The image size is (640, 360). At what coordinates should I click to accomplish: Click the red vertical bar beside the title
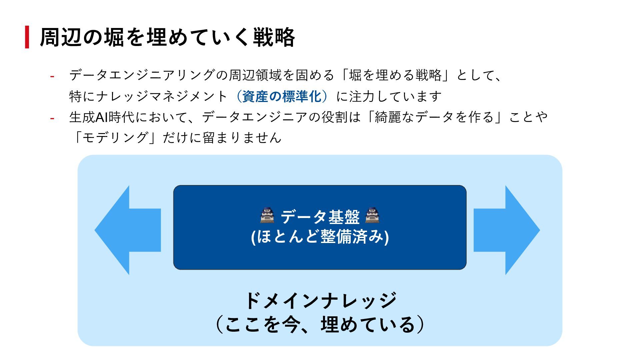pyautogui.click(x=27, y=37)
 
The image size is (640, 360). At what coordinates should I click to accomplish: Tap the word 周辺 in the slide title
pyautogui.click(x=61, y=37)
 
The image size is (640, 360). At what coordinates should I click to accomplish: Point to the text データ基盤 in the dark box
pyautogui.click(x=320, y=217)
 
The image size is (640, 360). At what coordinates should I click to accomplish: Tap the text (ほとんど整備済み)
pyautogui.click(x=320, y=237)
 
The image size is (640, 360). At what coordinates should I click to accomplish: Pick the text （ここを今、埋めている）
pyautogui.click(x=320, y=324)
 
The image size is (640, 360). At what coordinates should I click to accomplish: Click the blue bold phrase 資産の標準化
pyautogui.click(x=282, y=96)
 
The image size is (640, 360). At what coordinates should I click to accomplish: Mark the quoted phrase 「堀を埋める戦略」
pyautogui.click(x=395, y=75)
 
